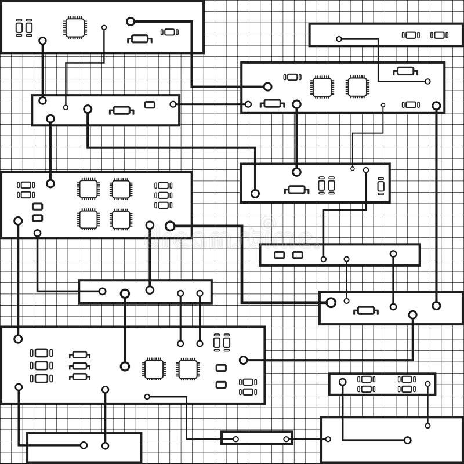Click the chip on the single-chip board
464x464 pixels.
click(x=75, y=27)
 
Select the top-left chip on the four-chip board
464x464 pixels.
click(x=88, y=189)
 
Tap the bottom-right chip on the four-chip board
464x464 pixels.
click(x=121, y=220)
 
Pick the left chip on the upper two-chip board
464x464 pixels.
click(x=322, y=87)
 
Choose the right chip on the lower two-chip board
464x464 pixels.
click(x=188, y=369)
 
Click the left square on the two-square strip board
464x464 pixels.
click(x=280, y=255)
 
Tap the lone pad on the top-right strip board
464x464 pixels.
click(x=339, y=39)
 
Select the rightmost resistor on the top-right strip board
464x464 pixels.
click(x=439, y=35)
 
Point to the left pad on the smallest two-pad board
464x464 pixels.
click(x=235, y=439)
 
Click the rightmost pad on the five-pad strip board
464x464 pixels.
click(x=200, y=293)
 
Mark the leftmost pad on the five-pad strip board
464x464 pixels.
click(x=103, y=291)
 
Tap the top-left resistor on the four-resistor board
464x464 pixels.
click(x=367, y=379)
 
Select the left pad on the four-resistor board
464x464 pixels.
click(x=342, y=382)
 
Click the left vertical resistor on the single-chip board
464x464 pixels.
click(x=19, y=28)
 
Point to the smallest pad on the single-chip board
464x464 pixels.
click(x=104, y=27)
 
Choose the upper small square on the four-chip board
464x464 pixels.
click(x=37, y=206)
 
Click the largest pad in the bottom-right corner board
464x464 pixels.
click(x=408, y=440)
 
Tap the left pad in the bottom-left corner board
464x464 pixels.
click(x=84, y=445)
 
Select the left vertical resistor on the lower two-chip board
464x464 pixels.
click(x=216, y=343)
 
